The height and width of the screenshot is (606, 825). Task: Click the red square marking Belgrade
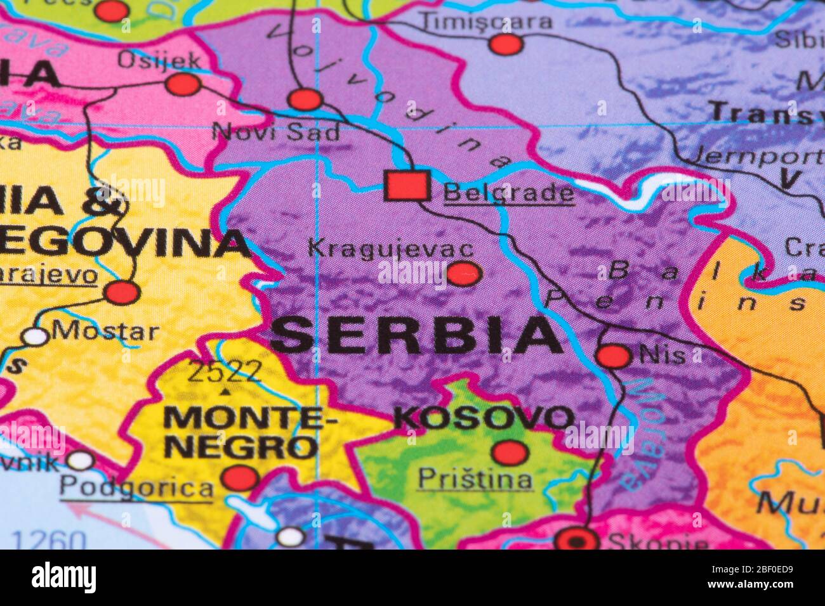(407, 186)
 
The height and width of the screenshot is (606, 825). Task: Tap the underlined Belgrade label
(508, 192)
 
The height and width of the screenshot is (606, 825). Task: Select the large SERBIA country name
(416, 336)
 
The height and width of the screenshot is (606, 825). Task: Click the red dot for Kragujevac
(464, 274)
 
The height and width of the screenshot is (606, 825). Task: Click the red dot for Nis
(614, 356)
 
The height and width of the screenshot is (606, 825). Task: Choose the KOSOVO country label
(484, 418)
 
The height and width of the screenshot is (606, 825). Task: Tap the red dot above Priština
(510, 453)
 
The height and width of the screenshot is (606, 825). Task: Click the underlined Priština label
(475, 479)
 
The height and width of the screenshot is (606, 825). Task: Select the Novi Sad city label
(275, 132)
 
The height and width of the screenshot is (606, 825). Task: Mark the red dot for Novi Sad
(305, 100)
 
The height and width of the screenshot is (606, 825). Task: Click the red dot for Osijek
(183, 84)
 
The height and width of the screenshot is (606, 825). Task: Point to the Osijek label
(159, 61)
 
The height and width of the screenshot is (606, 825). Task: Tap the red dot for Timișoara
(506, 44)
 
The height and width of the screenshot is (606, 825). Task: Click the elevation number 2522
(225, 371)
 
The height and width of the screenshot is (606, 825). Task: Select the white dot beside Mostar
(35, 336)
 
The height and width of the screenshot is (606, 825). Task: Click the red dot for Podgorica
(241, 477)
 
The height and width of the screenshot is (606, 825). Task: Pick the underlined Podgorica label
(136, 488)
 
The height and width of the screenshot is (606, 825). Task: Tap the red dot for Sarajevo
(122, 292)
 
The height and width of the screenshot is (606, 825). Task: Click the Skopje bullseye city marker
(576, 541)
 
